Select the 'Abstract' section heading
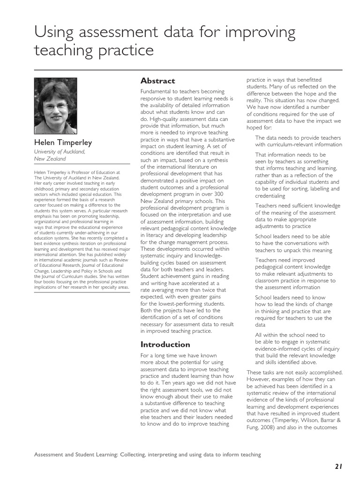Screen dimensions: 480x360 (x=157, y=81)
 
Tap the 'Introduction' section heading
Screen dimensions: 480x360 (x=165, y=345)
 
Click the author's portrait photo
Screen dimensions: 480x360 (x=55, y=105)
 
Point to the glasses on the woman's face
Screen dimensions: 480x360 (x=55, y=106)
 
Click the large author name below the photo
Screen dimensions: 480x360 (x=62, y=142)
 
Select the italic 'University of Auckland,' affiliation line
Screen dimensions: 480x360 (x=60, y=152)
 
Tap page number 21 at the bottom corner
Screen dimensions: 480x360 (x=339, y=466)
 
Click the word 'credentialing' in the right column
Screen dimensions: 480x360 (x=270, y=196)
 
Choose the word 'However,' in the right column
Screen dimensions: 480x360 (x=258, y=379)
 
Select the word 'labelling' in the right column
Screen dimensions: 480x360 (x=329, y=189)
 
